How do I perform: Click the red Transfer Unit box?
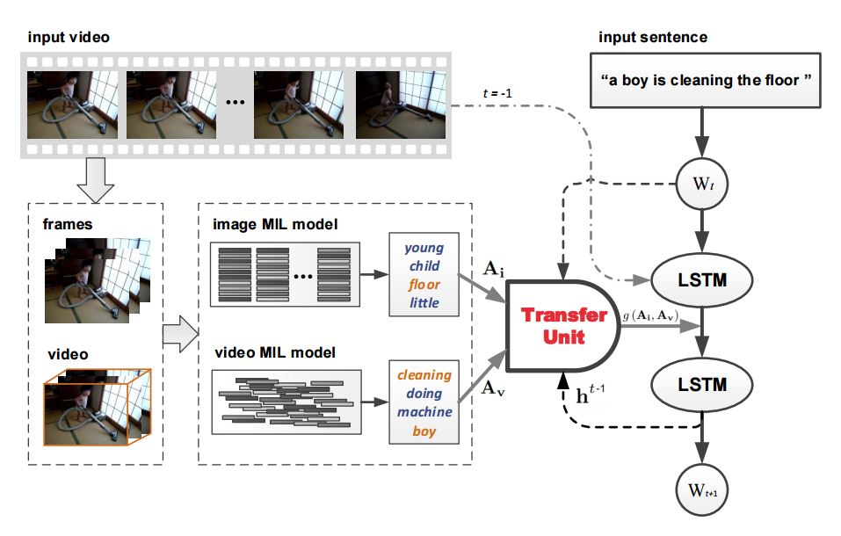click(x=563, y=326)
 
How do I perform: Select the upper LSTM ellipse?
click(x=701, y=280)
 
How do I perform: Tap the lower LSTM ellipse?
click(x=701, y=385)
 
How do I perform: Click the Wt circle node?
click(x=702, y=184)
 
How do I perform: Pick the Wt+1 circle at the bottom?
click(x=702, y=489)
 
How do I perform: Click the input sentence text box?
click(x=706, y=81)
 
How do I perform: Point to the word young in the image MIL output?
click(x=424, y=249)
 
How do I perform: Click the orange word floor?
click(x=424, y=285)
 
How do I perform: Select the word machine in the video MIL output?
click(x=424, y=411)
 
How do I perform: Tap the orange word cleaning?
click(x=424, y=375)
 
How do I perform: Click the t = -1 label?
click(x=497, y=93)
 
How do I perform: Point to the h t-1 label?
click(x=590, y=394)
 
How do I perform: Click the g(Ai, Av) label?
click(x=650, y=315)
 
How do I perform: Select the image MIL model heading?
click(x=275, y=224)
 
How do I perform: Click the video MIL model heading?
click(x=275, y=352)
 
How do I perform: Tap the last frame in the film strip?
click(x=401, y=105)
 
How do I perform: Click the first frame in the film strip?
click(x=72, y=105)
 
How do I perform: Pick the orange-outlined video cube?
click(x=97, y=407)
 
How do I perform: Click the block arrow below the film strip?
click(x=96, y=180)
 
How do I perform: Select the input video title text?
click(x=69, y=37)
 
